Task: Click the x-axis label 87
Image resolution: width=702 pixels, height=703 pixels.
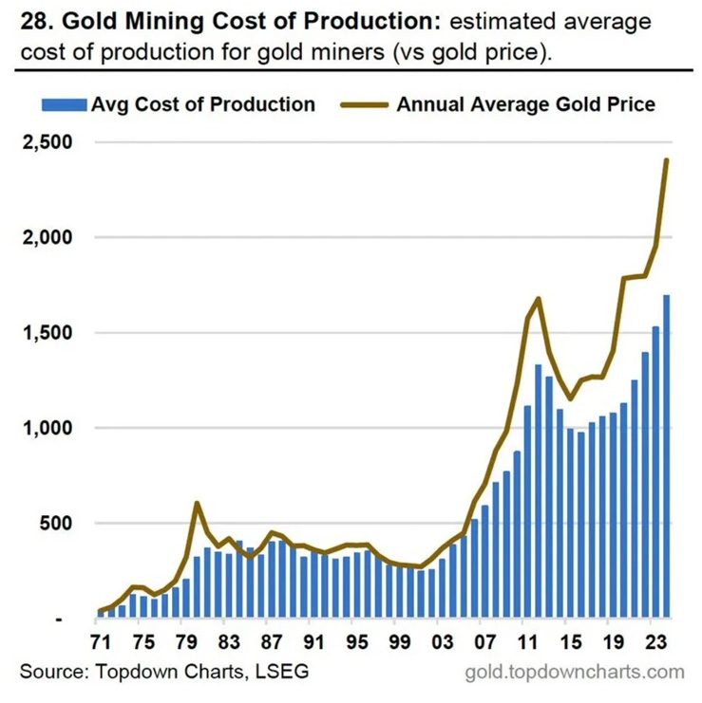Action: tap(274, 640)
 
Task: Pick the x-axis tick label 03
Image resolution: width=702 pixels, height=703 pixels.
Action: tap(443, 640)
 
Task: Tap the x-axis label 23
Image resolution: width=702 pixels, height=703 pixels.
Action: tap(656, 640)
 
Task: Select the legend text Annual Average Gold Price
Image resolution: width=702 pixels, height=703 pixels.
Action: tap(525, 104)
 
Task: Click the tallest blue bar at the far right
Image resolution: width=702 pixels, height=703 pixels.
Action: tap(666, 455)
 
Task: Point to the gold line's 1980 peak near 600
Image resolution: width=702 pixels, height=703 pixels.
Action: tap(197, 503)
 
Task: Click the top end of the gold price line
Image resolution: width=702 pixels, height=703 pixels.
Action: tap(667, 159)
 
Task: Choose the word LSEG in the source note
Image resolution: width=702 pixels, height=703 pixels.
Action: tap(283, 672)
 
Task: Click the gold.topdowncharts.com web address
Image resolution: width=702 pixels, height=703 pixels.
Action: tap(575, 672)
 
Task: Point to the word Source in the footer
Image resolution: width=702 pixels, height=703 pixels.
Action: tap(48, 672)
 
